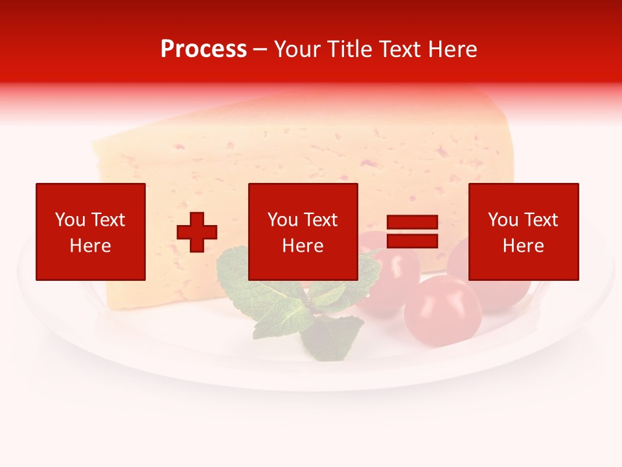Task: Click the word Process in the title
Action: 203,49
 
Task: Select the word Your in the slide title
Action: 296,49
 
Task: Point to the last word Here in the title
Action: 453,49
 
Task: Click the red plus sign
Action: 197,232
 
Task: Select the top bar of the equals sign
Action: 412,222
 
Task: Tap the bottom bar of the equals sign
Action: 412,241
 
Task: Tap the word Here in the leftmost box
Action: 90,246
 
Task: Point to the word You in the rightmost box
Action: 503,220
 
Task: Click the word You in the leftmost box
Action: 70,220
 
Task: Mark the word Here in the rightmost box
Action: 523,246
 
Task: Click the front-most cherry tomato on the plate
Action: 443,311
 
